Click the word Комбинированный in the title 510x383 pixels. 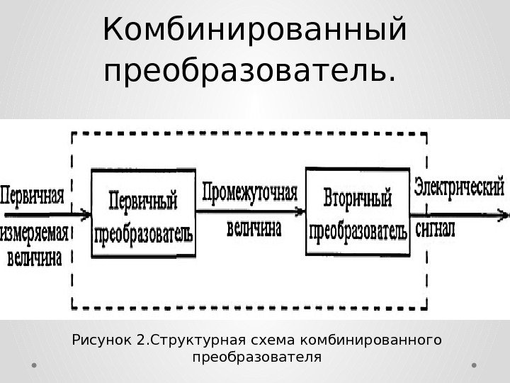(254, 31)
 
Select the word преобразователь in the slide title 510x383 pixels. (247, 72)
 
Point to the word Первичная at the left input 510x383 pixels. (36, 193)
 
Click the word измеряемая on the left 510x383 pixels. (36, 233)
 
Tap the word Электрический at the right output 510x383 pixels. (459, 189)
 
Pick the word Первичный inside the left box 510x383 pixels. (144, 198)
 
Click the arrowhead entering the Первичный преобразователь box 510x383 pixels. (86, 213)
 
